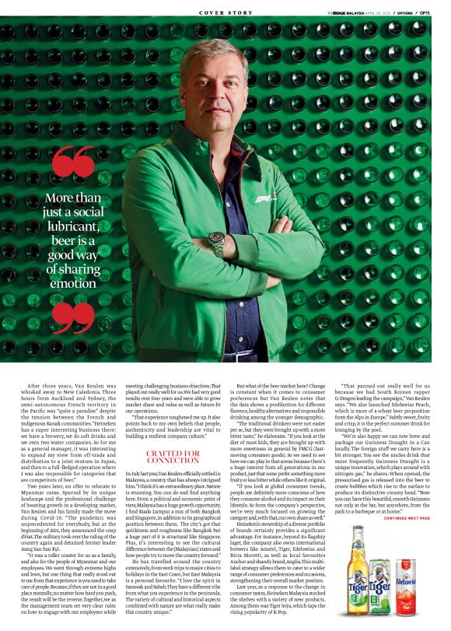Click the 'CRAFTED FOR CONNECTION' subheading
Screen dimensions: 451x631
(x=173, y=456)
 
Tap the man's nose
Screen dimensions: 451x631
(x=216, y=91)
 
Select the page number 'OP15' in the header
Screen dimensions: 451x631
(x=427, y=13)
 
